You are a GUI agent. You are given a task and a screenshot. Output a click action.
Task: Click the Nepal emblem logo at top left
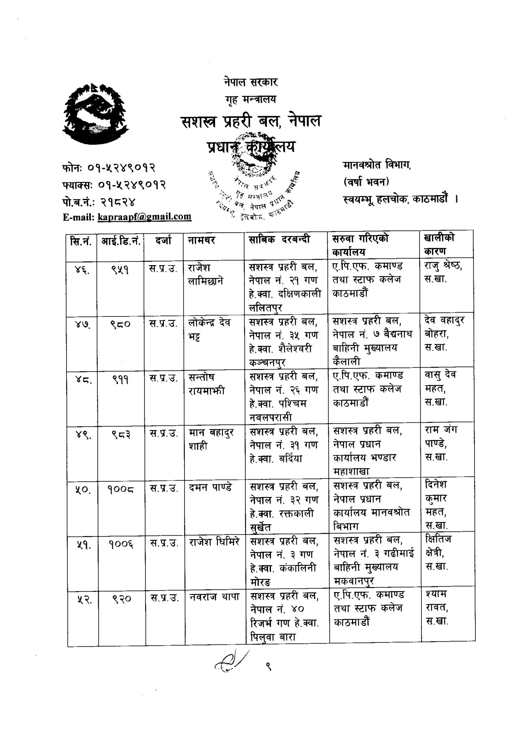(x=97, y=115)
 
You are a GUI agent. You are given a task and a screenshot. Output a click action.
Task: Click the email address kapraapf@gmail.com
(x=144, y=217)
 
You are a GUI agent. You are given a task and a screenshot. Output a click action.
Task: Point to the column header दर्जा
(x=163, y=240)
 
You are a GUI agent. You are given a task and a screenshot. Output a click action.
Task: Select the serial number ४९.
(x=82, y=435)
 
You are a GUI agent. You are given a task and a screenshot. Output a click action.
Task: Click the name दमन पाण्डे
(x=211, y=487)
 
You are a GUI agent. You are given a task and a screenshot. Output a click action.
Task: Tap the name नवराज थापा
(x=214, y=597)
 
